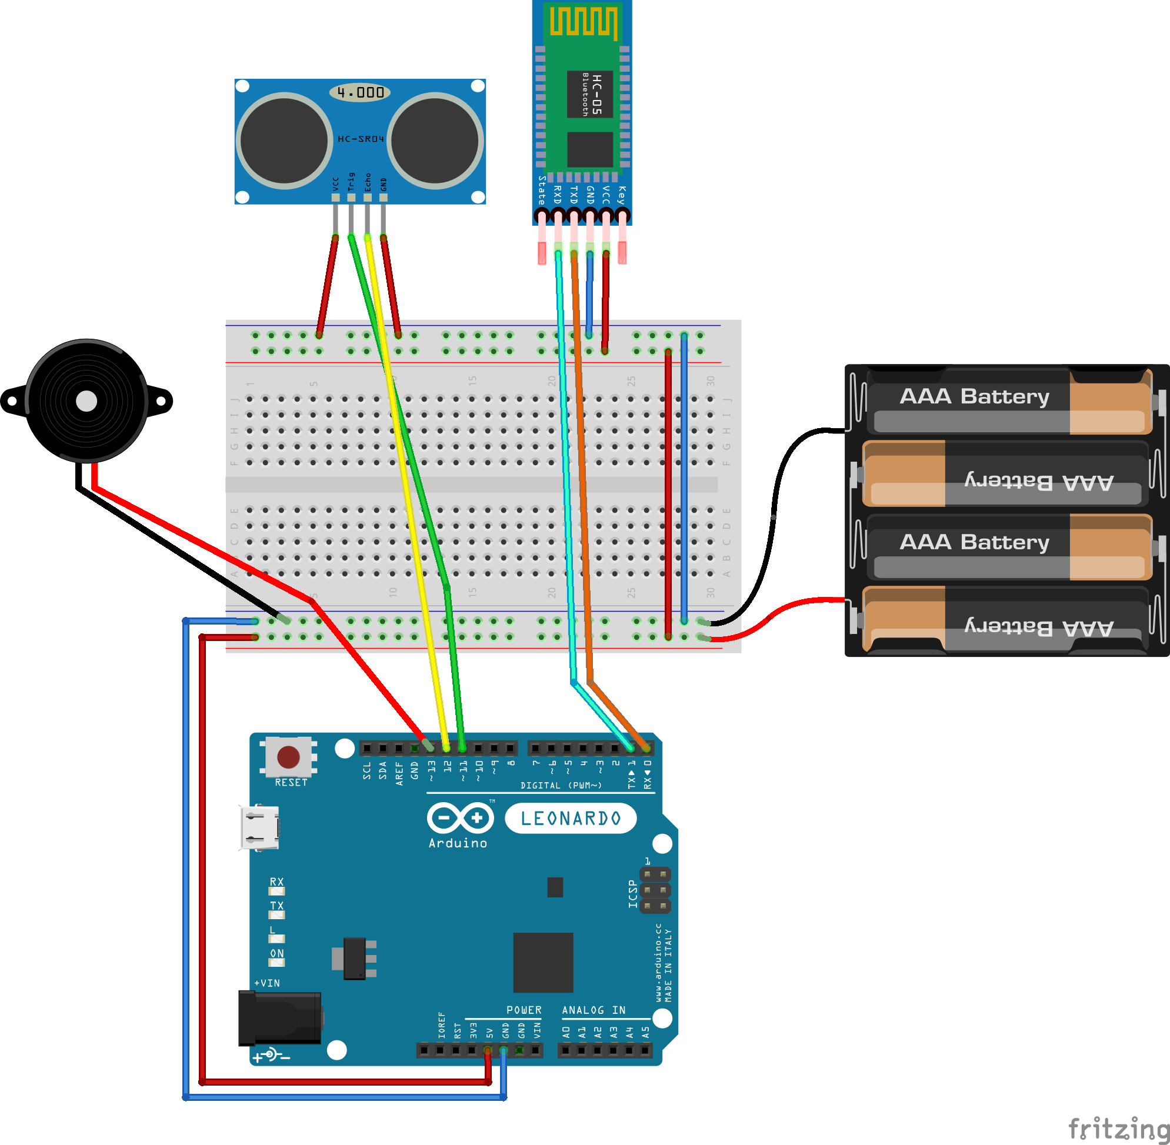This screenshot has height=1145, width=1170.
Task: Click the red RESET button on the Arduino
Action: coord(288,757)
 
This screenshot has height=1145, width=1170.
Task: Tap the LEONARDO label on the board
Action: coord(570,819)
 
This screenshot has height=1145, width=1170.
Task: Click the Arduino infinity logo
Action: coord(460,818)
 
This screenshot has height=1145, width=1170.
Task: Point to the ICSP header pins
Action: coord(655,889)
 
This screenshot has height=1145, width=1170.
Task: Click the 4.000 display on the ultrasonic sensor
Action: coord(360,92)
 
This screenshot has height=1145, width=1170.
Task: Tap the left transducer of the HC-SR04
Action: coord(284,141)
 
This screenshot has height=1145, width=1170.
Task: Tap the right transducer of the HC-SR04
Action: coord(435,141)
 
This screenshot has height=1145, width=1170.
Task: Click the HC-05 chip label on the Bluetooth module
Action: coord(590,95)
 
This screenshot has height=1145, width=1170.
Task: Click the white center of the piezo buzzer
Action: coord(86,401)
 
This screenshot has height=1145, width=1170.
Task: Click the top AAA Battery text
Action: coord(974,396)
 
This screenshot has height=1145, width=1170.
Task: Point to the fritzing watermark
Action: coord(1118,1128)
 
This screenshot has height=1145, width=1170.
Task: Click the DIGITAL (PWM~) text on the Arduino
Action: coord(561,785)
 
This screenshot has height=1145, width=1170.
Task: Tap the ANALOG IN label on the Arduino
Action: coord(593,1010)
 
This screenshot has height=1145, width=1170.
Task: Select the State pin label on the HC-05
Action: coord(541,190)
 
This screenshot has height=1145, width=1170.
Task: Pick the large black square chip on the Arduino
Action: coord(542,962)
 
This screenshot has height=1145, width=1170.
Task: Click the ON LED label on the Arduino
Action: coord(276,953)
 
